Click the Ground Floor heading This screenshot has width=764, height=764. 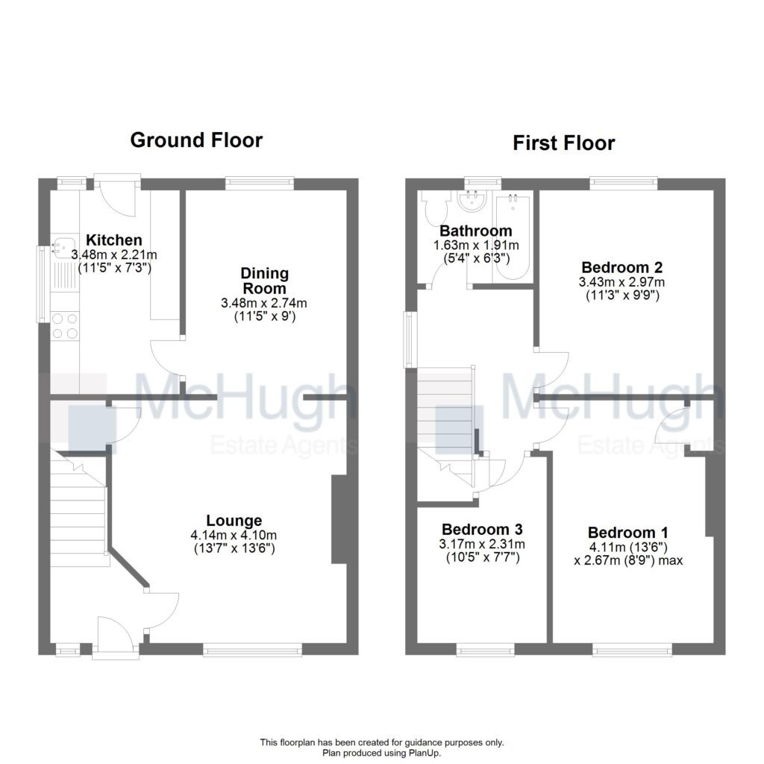tap(196, 140)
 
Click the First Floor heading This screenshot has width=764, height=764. tap(564, 143)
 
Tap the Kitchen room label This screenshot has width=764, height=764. tap(114, 239)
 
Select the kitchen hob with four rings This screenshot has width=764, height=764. tap(65, 326)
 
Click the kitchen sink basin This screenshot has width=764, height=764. tap(65, 247)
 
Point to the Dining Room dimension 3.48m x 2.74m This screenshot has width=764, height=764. tap(264, 303)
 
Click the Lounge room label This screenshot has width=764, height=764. tap(234, 520)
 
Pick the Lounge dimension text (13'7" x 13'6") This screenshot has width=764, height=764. tap(234, 548)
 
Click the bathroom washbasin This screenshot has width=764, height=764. tap(472, 201)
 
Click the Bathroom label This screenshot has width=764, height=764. tap(476, 231)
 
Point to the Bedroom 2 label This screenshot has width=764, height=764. tap(622, 267)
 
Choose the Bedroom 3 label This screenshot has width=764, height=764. tap(483, 529)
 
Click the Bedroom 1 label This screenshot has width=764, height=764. tap(628, 532)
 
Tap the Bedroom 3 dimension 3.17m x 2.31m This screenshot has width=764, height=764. tap(483, 544)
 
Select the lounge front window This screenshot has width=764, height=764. tap(252, 650)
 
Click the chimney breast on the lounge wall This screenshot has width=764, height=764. tap(339, 519)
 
